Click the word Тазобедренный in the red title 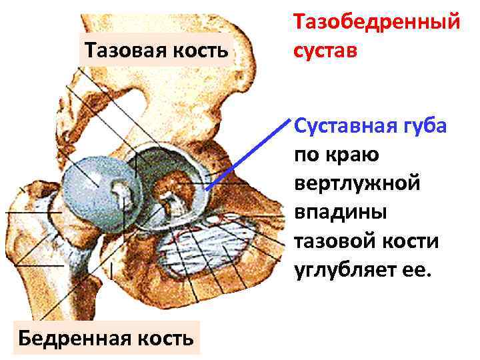377,22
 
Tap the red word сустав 325,51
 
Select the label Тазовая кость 156,49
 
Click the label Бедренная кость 106,338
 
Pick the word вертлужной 357,183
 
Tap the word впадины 339,212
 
